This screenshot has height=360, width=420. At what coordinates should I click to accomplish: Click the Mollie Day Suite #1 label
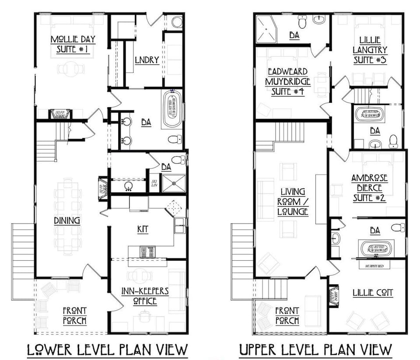tap(73, 45)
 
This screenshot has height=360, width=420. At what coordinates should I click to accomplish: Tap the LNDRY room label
tap(147, 60)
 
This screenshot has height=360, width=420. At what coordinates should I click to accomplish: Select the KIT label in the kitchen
tap(143, 229)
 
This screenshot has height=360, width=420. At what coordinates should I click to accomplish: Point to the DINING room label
tap(66, 220)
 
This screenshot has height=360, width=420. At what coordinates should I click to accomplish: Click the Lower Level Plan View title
tap(107, 350)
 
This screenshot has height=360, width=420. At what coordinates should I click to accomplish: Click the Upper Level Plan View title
tap(315, 350)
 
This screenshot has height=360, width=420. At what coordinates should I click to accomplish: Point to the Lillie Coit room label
tap(372, 292)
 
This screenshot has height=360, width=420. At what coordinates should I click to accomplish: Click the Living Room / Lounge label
tap(293, 201)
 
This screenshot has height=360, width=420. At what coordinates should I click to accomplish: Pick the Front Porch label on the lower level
tap(74, 316)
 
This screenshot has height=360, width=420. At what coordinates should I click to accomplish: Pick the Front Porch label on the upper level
tap(287, 316)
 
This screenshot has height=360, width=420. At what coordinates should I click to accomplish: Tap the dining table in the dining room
tap(68, 216)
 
